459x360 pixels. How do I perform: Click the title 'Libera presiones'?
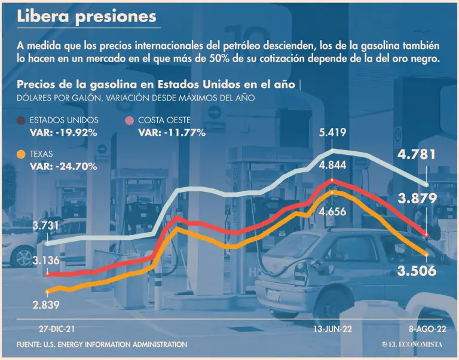click(87, 17)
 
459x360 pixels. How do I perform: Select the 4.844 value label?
click(333, 166)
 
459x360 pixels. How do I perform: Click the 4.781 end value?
click(417, 155)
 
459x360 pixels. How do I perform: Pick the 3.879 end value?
click(417, 199)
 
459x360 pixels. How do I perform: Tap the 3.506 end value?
click(417, 271)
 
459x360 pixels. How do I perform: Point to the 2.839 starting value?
click(48, 306)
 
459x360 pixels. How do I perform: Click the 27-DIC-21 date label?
click(57, 328)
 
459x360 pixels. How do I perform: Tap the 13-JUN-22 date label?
click(333, 328)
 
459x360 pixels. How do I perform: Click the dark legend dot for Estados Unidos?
click(21, 121)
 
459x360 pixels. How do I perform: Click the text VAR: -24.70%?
click(63, 166)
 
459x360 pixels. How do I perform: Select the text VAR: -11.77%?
click(172, 132)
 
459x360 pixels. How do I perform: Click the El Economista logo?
click(412, 344)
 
